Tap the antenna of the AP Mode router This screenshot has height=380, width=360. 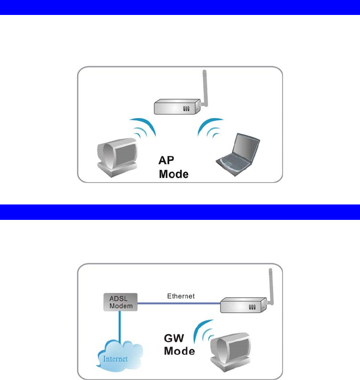tap(204, 86)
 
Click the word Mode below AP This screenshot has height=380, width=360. tap(173, 175)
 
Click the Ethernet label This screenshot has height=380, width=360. tap(180, 296)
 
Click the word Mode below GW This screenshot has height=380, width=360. tap(180, 351)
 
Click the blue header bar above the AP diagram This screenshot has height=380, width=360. tap(180, 7)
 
